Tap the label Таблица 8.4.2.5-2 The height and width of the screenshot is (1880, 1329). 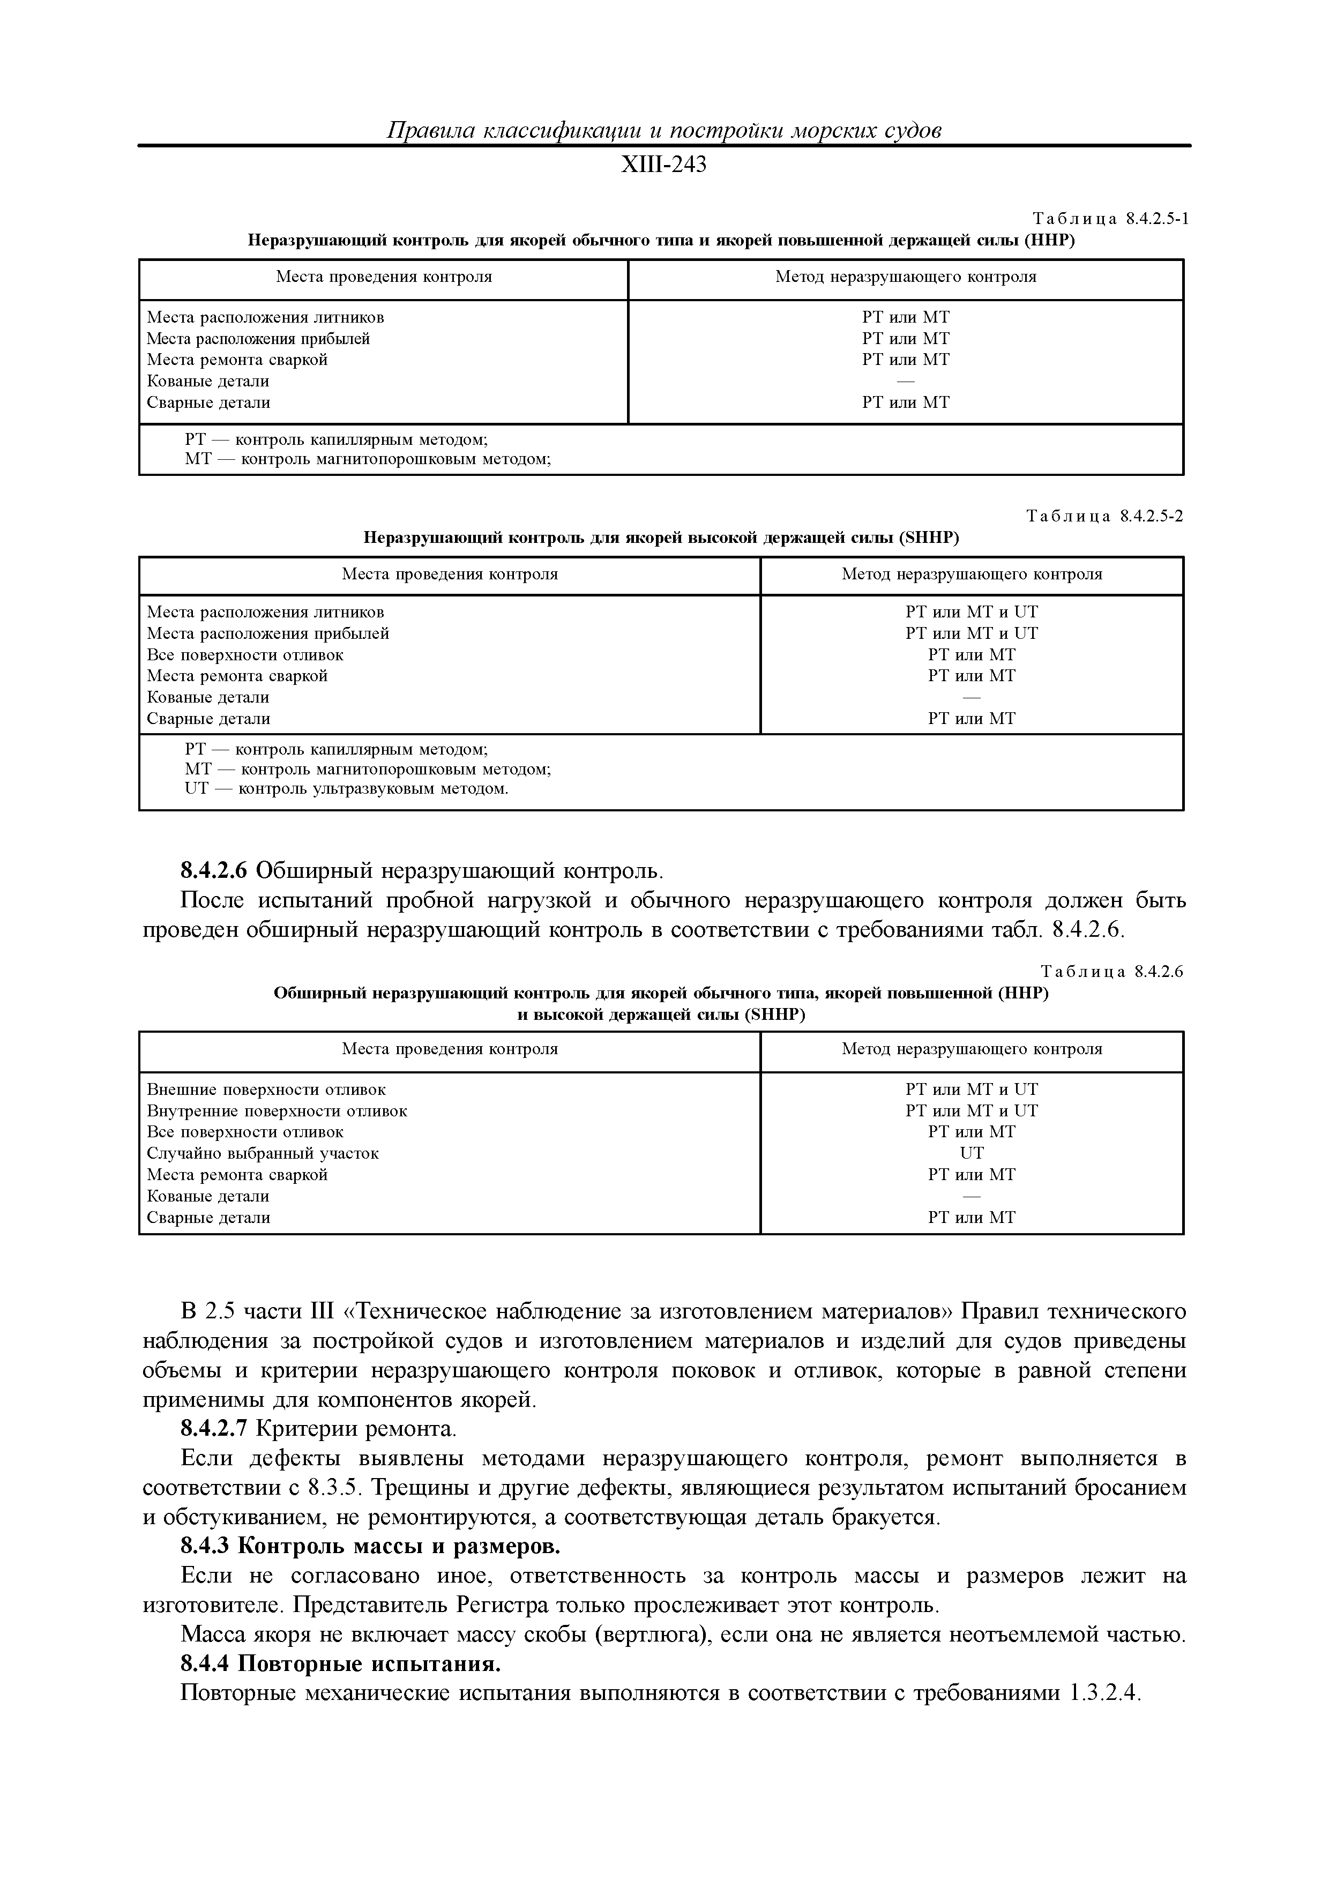(x=1104, y=516)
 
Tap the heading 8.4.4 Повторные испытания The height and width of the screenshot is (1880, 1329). (x=340, y=1665)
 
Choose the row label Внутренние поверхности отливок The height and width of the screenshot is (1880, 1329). (x=277, y=1111)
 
